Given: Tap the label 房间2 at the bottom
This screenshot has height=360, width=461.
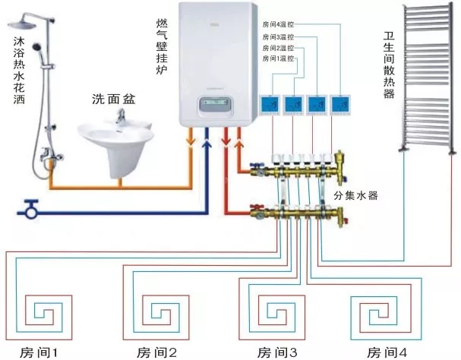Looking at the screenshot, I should pos(157,352).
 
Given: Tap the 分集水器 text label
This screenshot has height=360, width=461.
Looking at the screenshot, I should pos(355,195).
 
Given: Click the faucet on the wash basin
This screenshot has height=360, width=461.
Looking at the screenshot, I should pos(121,115).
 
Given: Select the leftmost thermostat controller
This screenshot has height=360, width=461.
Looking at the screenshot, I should pos(270,104).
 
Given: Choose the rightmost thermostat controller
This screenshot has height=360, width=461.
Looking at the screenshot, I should pos(342,104).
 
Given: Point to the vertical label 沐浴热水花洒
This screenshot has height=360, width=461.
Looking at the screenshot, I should pos(9,68).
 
